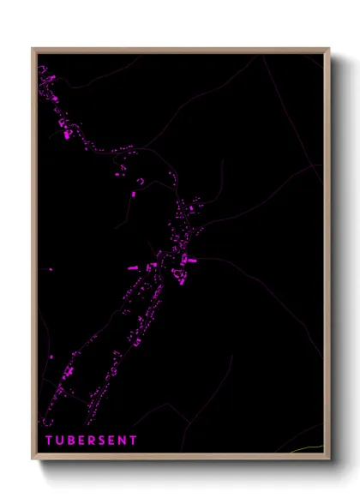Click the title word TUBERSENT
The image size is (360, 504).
[91, 441]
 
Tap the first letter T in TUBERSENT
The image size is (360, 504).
[49, 441]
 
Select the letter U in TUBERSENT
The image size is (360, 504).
[59, 441]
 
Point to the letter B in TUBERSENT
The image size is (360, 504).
[70, 441]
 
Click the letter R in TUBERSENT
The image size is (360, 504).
[91, 441]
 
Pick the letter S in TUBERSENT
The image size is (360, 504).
[102, 441]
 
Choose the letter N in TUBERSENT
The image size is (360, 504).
[123, 441]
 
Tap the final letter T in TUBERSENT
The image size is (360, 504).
[134, 441]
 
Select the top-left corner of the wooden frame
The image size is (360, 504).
[33, 49]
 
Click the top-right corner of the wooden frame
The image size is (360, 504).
[329, 49]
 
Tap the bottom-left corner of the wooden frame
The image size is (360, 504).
[33, 459]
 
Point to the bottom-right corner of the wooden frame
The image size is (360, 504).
[329, 459]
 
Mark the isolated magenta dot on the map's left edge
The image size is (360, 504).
[50, 269]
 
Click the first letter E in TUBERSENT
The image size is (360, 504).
[81, 441]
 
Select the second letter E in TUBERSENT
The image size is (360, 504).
[112, 441]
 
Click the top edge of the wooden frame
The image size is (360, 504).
[180, 50]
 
